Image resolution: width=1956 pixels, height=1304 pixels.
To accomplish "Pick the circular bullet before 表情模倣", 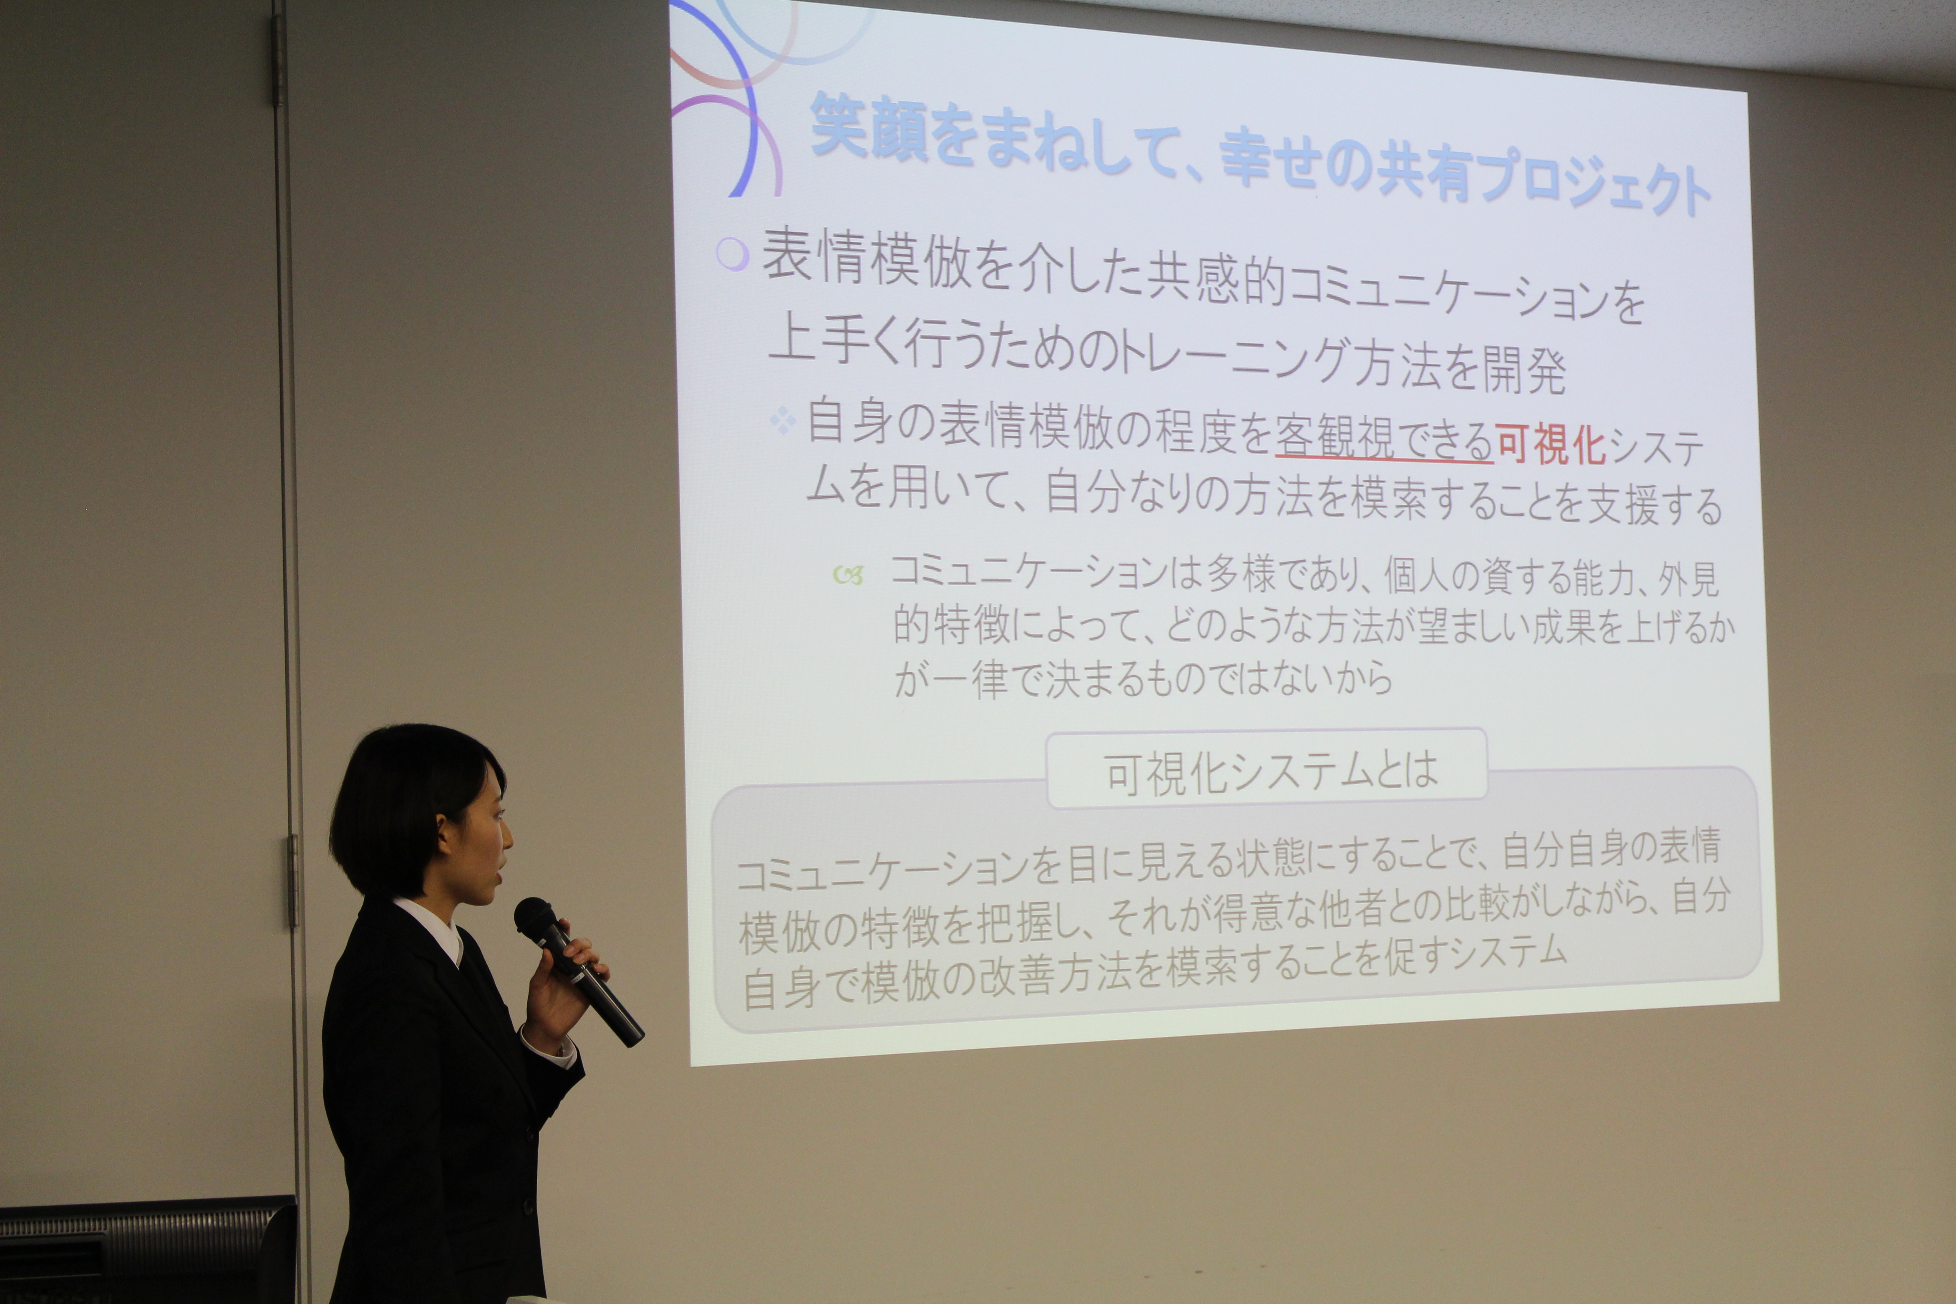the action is click(732, 254).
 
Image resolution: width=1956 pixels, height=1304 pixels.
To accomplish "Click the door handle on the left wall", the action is click(293, 881).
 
